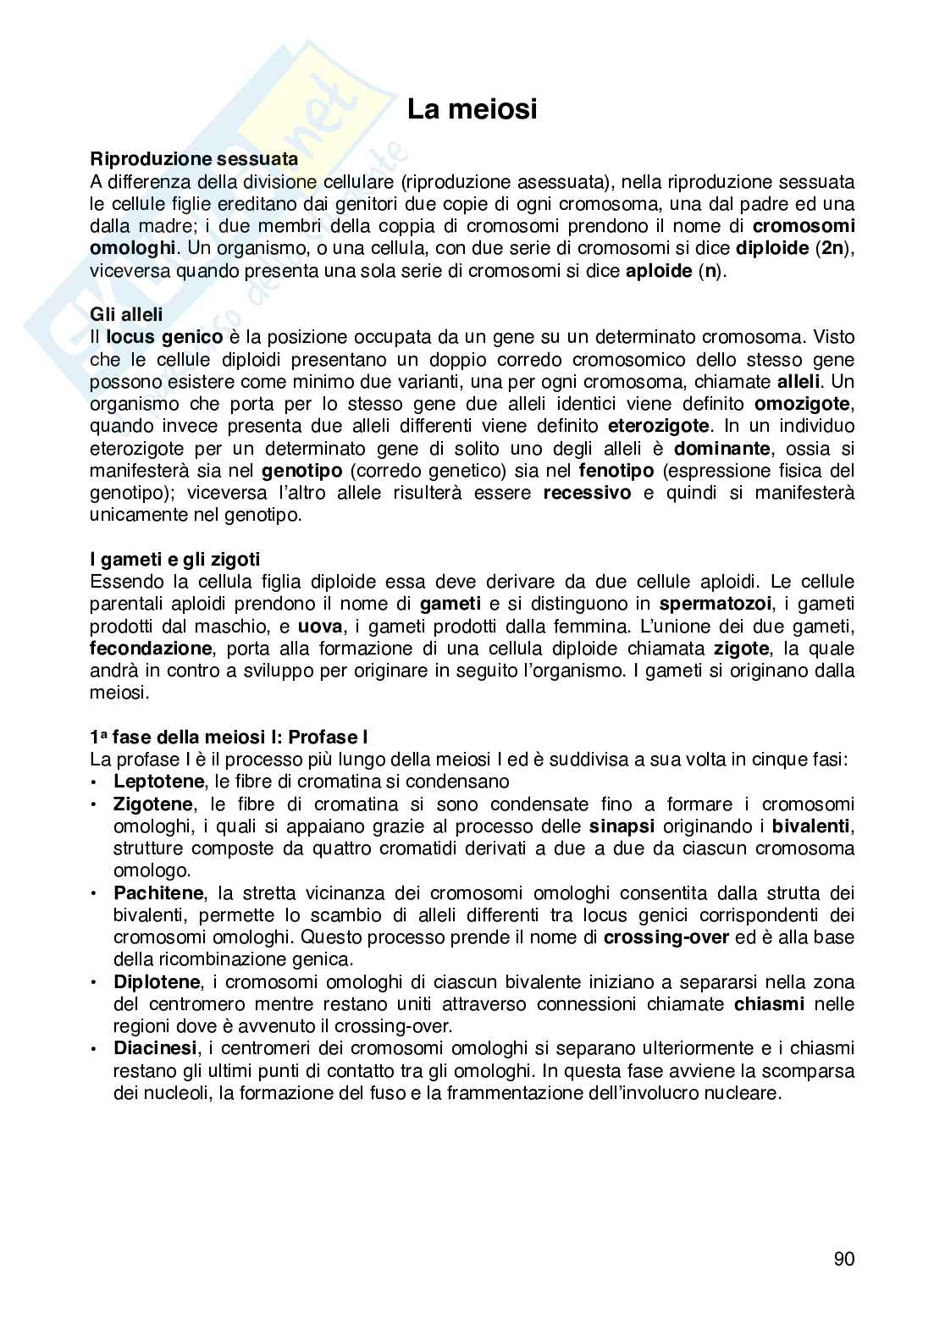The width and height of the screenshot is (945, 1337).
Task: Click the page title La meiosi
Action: click(x=472, y=110)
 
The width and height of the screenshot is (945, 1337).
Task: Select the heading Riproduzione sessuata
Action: click(x=194, y=159)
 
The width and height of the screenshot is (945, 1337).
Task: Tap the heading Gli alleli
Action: click(x=126, y=314)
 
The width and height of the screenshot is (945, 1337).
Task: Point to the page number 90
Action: click(x=843, y=1259)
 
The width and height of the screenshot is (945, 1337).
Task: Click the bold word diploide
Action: click(x=771, y=249)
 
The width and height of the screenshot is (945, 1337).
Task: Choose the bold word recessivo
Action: click(x=587, y=493)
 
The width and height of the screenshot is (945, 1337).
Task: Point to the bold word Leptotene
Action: click(x=158, y=782)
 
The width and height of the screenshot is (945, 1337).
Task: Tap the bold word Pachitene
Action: click(x=158, y=892)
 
